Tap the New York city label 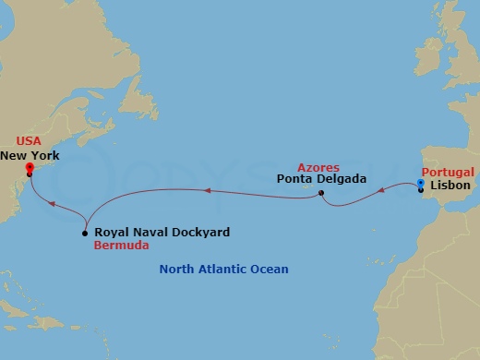pyautogui.click(x=30, y=156)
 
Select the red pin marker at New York pyautogui.click(x=30, y=168)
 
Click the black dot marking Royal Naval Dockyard pyautogui.click(x=85, y=233)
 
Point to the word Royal pyautogui.click(x=113, y=233)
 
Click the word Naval pyautogui.click(x=151, y=233)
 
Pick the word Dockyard pyautogui.click(x=199, y=233)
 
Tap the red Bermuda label pyautogui.click(x=121, y=247)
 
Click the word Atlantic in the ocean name pyautogui.click(x=222, y=270)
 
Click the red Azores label pyautogui.click(x=318, y=166)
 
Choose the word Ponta pyautogui.click(x=295, y=179)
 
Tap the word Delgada pyautogui.click(x=342, y=179)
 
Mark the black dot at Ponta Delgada pyautogui.click(x=320, y=193)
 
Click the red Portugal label pyautogui.click(x=448, y=173)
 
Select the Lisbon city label pyautogui.click(x=452, y=186)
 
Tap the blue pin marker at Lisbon pyautogui.click(x=421, y=184)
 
